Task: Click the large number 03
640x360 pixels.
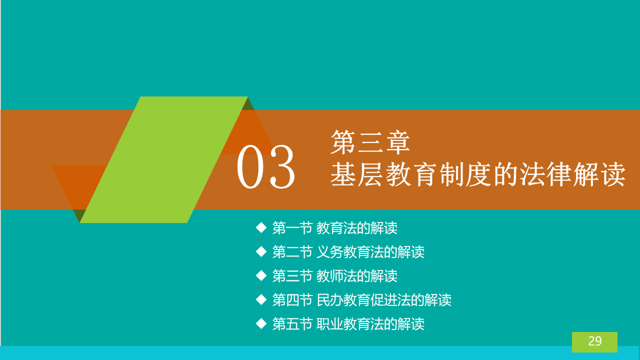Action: (265, 167)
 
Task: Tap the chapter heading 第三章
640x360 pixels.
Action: (370, 142)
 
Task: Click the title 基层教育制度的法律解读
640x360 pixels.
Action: (478, 174)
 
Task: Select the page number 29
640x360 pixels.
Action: (595, 341)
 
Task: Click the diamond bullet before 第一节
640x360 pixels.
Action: (261, 228)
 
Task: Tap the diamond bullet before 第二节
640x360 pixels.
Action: (261, 251)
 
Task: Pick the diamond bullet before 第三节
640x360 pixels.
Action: (261, 275)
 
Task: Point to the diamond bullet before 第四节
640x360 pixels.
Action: (261, 299)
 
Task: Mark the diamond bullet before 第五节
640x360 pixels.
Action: (261, 323)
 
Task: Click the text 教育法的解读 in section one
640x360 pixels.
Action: (357, 228)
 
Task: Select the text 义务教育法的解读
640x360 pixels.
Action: (370, 252)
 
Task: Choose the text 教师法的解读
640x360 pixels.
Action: (357, 276)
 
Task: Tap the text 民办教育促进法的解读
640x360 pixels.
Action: (384, 300)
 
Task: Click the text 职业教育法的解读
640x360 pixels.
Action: (370, 324)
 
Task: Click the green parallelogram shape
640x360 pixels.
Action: (163, 159)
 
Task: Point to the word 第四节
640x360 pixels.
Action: (292, 300)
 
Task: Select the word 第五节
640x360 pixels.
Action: (292, 324)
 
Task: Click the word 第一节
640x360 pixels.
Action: (292, 228)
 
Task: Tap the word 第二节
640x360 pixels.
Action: (292, 252)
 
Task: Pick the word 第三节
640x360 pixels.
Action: (292, 276)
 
